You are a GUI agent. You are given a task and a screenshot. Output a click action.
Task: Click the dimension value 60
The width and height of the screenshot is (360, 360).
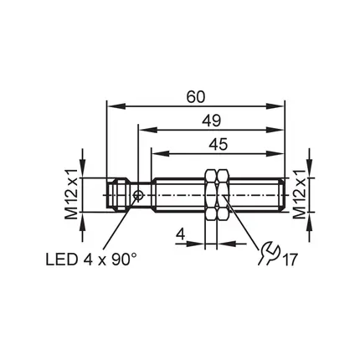tap(196, 97)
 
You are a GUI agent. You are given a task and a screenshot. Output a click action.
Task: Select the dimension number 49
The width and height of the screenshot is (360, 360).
tap(212, 121)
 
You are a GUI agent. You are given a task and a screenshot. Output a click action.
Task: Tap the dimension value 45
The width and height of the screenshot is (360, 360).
tap(219, 144)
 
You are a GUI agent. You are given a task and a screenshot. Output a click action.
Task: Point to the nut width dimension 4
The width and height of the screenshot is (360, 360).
tap(181, 234)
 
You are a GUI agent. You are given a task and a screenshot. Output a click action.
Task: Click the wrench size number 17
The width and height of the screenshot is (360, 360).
tap(290, 260)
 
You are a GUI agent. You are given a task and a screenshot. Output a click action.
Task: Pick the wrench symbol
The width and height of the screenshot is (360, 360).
tap(268, 253)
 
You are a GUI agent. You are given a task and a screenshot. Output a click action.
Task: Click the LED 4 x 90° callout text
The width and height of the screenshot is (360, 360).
tap(91, 260)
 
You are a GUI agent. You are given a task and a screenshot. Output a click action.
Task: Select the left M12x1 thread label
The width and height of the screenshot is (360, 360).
tap(71, 194)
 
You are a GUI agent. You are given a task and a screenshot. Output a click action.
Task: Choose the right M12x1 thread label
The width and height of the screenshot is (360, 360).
tap(298, 194)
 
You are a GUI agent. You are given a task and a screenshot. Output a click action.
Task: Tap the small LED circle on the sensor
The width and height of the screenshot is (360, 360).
tap(138, 195)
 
